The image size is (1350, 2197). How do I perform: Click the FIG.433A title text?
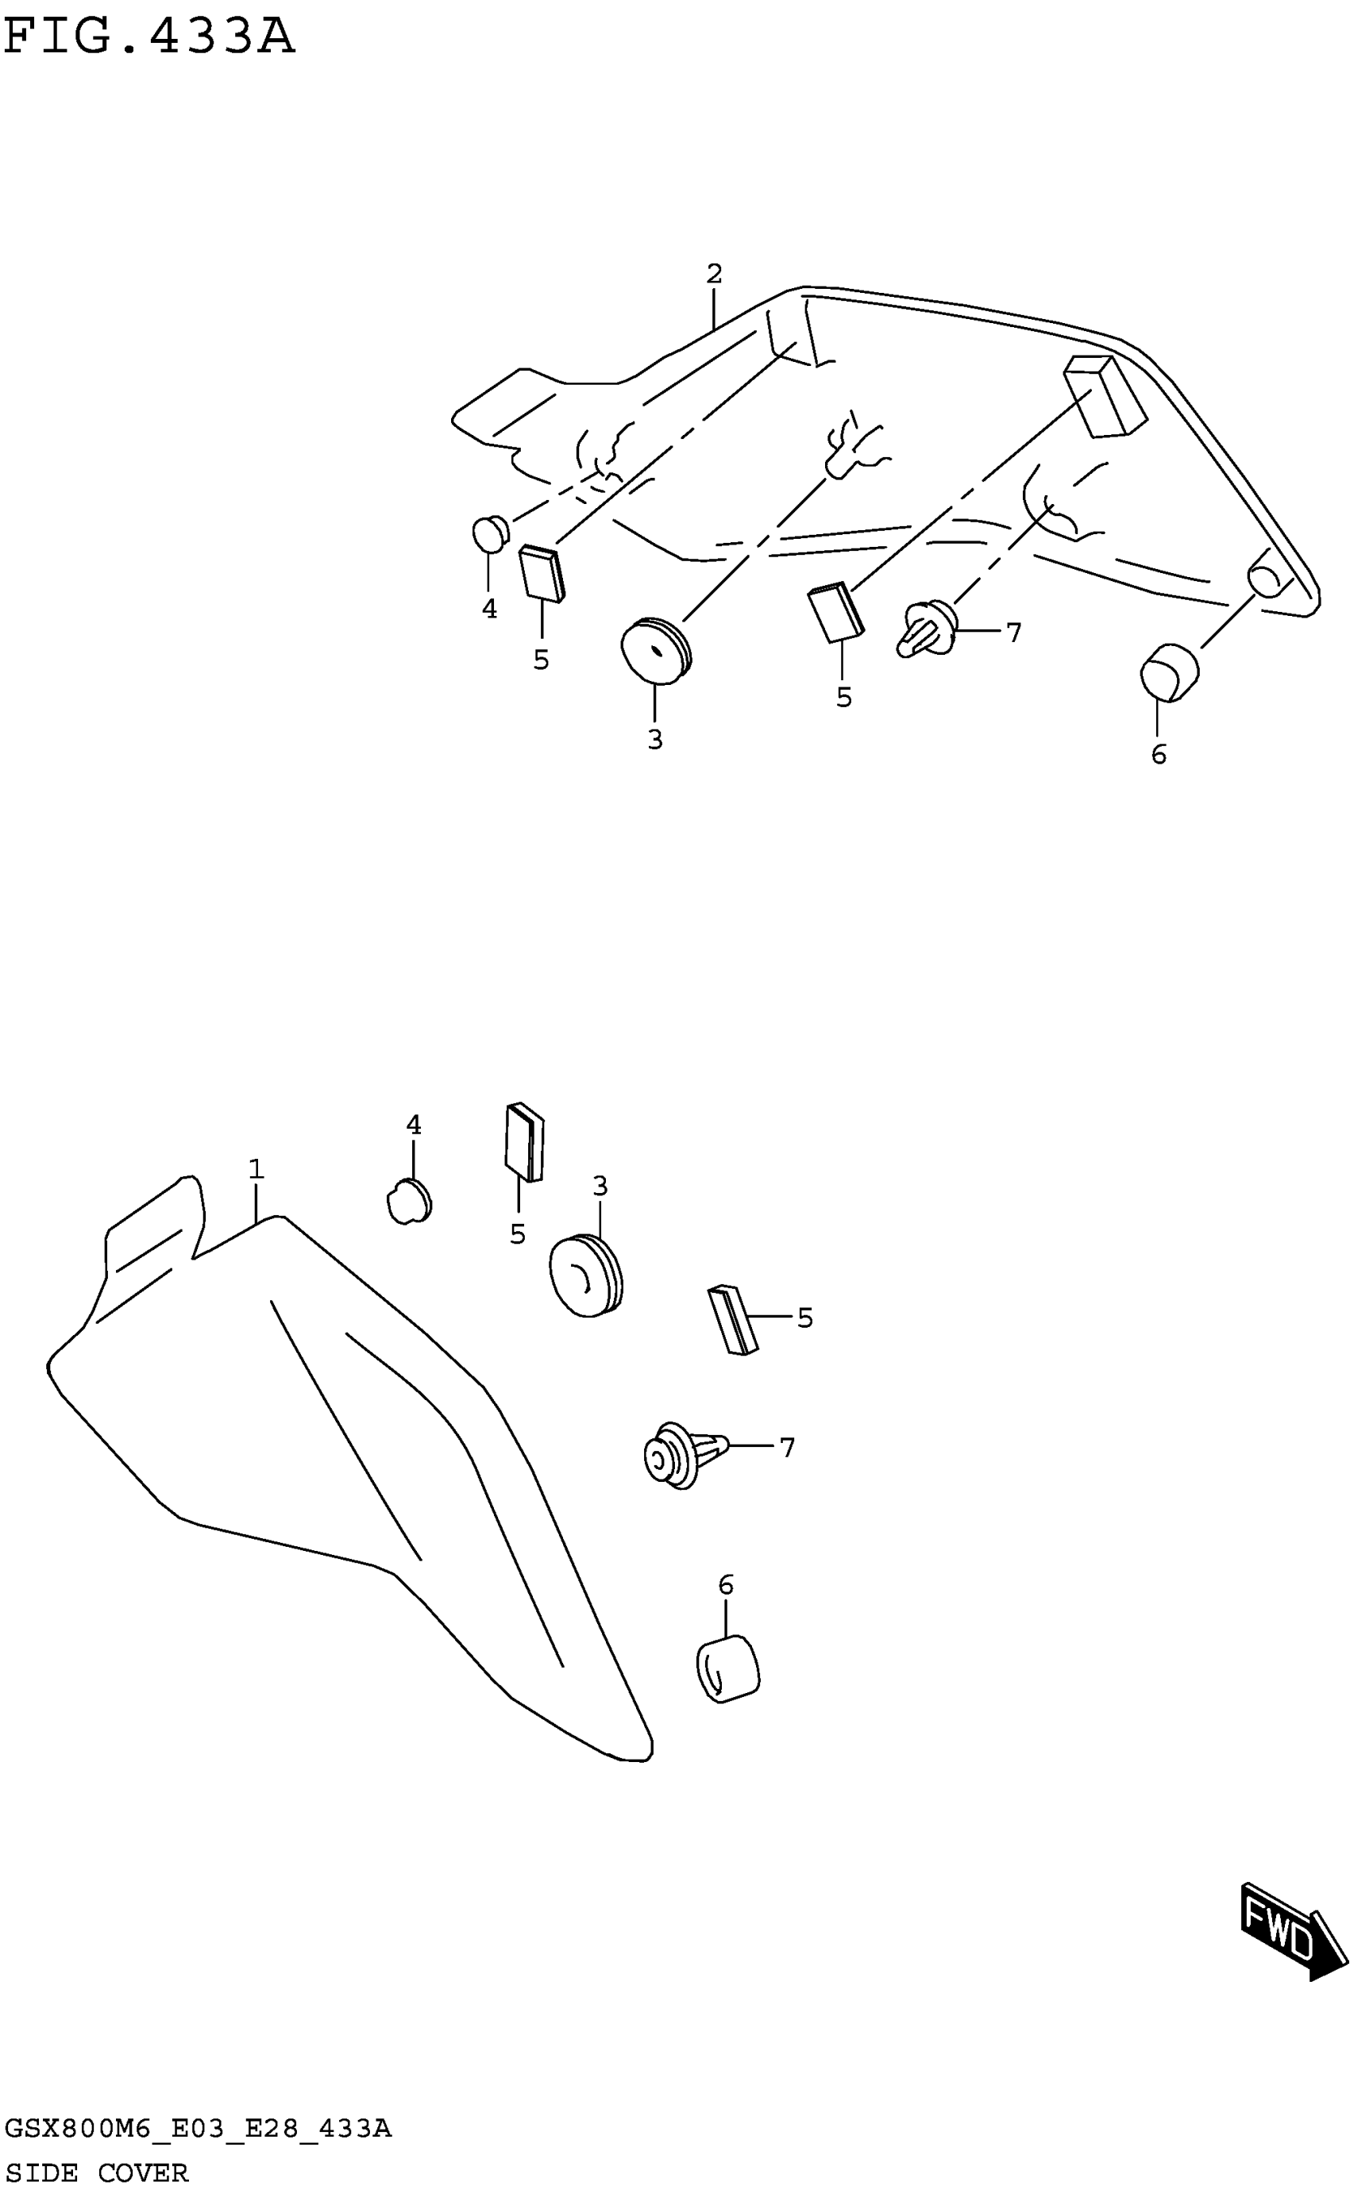click(149, 37)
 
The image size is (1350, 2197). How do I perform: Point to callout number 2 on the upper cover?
click(713, 274)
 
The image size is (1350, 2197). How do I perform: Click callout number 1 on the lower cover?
click(256, 1168)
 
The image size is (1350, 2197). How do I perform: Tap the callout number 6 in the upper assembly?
click(1158, 755)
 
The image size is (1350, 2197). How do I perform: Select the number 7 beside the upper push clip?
click(1013, 633)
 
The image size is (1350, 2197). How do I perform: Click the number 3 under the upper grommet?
click(655, 740)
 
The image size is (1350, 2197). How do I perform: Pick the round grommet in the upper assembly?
click(656, 649)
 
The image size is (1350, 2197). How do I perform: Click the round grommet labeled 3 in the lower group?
click(584, 1276)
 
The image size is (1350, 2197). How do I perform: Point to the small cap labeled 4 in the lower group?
click(409, 1201)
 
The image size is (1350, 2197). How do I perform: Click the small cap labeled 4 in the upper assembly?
click(489, 533)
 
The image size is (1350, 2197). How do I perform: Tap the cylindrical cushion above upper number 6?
click(1169, 672)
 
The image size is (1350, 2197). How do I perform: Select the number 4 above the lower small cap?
click(414, 1125)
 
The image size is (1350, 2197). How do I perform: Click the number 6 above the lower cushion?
click(726, 1586)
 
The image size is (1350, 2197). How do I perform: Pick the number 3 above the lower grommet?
click(600, 1186)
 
